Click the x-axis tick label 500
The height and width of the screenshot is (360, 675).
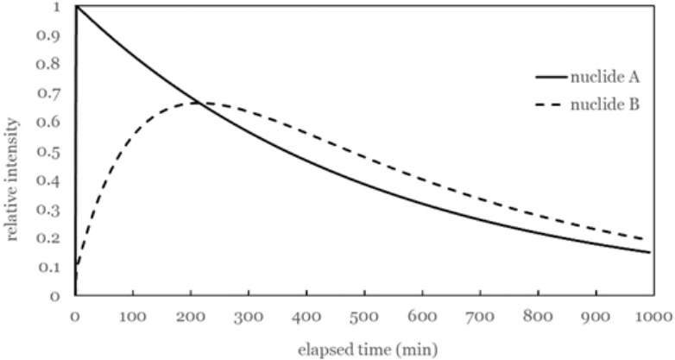pyautogui.click(x=365, y=317)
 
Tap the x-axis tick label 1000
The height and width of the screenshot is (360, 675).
pyautogui.click(x=654, y=317)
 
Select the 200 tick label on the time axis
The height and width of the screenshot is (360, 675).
pyautogui.click(x=191, y=317)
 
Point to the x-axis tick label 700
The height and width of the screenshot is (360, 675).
pyautogui.click(x=481, y=317)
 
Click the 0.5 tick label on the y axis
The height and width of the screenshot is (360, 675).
pyautogui.click(x=48, y=152)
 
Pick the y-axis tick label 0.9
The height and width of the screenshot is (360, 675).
pyautogui.click(x=48, y=35)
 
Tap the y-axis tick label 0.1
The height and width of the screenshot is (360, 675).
pyautogui.click(x=48, y=268)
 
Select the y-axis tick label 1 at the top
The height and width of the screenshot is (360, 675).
pyautogui.click(x=55, y=7)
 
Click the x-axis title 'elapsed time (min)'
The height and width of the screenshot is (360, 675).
pyautogui.click(x=368, y=349)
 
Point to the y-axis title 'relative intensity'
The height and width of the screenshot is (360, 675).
pyautogui.click(x=12, y=180)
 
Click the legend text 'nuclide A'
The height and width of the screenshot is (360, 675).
pyautogui.click(x=605, y=78)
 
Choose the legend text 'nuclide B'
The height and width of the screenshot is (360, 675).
pyautogui.click(x=605, y=104)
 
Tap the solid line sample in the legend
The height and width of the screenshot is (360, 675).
pyautogui.click(x=551, y=78)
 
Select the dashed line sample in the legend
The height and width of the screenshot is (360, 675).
pyautogui.click(x=551, y=104)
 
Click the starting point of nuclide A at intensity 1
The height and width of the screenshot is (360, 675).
pyautogui.click(x=76, y=6)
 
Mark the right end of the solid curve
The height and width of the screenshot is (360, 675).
pyautogui.click(x=650, y=252)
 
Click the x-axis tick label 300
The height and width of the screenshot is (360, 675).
pyautogui.click(x=249, y=317)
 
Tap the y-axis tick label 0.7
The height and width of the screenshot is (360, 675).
pyautogui.click(x=48, y=94)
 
